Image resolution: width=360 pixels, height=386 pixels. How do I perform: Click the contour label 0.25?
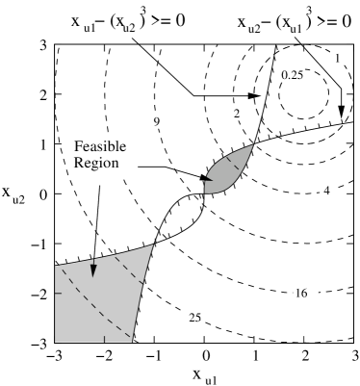[x=292, y=75]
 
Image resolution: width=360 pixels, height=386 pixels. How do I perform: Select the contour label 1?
[x=336, y=59]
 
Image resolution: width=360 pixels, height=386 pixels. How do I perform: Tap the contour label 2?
[x=236, y=115]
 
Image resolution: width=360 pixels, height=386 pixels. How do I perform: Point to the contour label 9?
[x=156, y=121]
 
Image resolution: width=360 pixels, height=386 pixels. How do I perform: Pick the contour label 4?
[x=326, y=191]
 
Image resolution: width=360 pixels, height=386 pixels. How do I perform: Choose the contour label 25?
[x=193, y=317]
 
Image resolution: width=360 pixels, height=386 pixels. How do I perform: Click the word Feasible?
[x=100, y=146]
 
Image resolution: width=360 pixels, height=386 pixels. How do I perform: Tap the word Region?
[x=95, y=163]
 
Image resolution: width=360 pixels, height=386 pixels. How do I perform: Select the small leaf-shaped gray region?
[x=230, y=169]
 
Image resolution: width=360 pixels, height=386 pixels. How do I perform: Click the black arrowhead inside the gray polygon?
[x=93, y=270]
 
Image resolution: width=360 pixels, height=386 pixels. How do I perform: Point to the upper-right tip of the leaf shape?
[x=254, y=145]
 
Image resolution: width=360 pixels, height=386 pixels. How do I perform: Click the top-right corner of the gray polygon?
[x=155, y=244]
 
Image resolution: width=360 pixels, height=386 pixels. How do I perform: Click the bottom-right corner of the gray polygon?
[x=133, y=340]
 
